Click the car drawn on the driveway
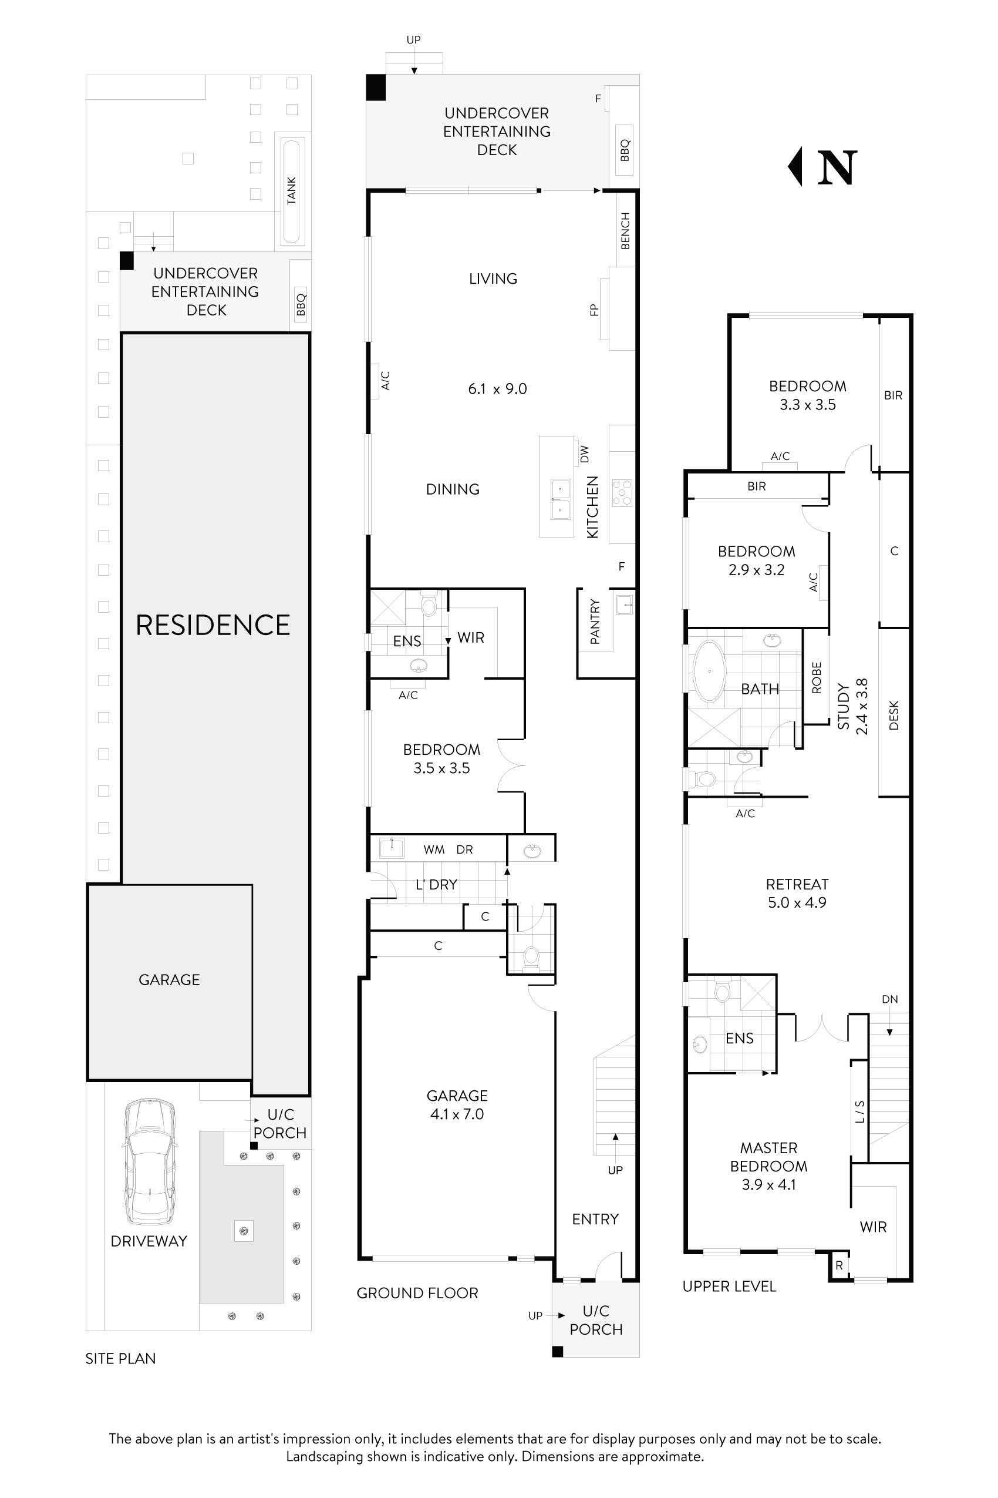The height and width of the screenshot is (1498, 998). pos(149,1161)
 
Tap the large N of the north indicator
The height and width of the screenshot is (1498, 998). pos(837,167)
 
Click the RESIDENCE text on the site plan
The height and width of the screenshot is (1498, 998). pos(213,625)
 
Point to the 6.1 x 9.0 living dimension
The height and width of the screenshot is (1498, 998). pos(497,388)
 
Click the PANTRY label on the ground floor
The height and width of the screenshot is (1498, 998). pos(595,622)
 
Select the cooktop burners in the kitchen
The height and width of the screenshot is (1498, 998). pos(622,493)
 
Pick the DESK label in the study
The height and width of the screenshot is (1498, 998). pos(894,716)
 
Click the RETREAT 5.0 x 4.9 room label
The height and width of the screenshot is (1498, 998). pos(797,893)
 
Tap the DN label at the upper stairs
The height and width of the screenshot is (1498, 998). pos(890,999)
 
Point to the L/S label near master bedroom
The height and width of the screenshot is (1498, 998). pos(860,1111)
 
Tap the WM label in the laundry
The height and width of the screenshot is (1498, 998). pos(434,849)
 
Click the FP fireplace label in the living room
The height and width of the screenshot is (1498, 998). pos(594,310)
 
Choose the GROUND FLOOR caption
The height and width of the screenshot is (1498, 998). pos(417,1293)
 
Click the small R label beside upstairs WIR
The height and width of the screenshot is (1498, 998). pos(839,1265)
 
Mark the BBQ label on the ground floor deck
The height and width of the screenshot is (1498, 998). pos(625,150)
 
